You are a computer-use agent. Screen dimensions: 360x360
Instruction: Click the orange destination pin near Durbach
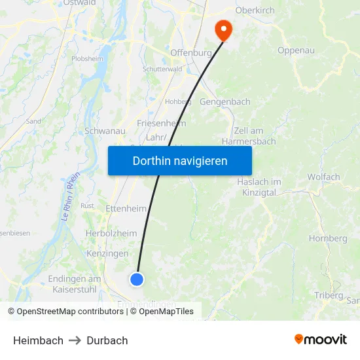[223, 29]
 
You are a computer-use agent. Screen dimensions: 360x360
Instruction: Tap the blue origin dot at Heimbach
[137, 279]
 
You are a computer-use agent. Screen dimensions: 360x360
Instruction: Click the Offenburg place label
[191, 52]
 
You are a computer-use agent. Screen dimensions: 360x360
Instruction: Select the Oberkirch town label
[255, 11]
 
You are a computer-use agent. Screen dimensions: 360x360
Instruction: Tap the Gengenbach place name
[225, 102]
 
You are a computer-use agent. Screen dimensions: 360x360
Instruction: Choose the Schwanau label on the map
[105, 131]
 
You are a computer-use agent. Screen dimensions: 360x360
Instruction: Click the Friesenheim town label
[162, 123]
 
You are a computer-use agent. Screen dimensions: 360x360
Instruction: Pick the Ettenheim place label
[126, 208]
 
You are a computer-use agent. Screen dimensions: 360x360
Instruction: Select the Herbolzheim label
[111, 233]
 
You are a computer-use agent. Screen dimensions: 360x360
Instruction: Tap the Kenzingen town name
[107, 253]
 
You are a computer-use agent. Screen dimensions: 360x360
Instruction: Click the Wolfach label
[323, 177]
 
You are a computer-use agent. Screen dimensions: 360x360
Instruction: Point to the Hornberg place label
[328, 239]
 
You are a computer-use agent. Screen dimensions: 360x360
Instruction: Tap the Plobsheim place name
[87, 58]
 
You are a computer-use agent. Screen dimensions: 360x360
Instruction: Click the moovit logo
[321, 340]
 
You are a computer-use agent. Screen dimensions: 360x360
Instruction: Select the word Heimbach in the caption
[39, 340]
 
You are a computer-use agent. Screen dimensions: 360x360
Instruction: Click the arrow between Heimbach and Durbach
[75, 340]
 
